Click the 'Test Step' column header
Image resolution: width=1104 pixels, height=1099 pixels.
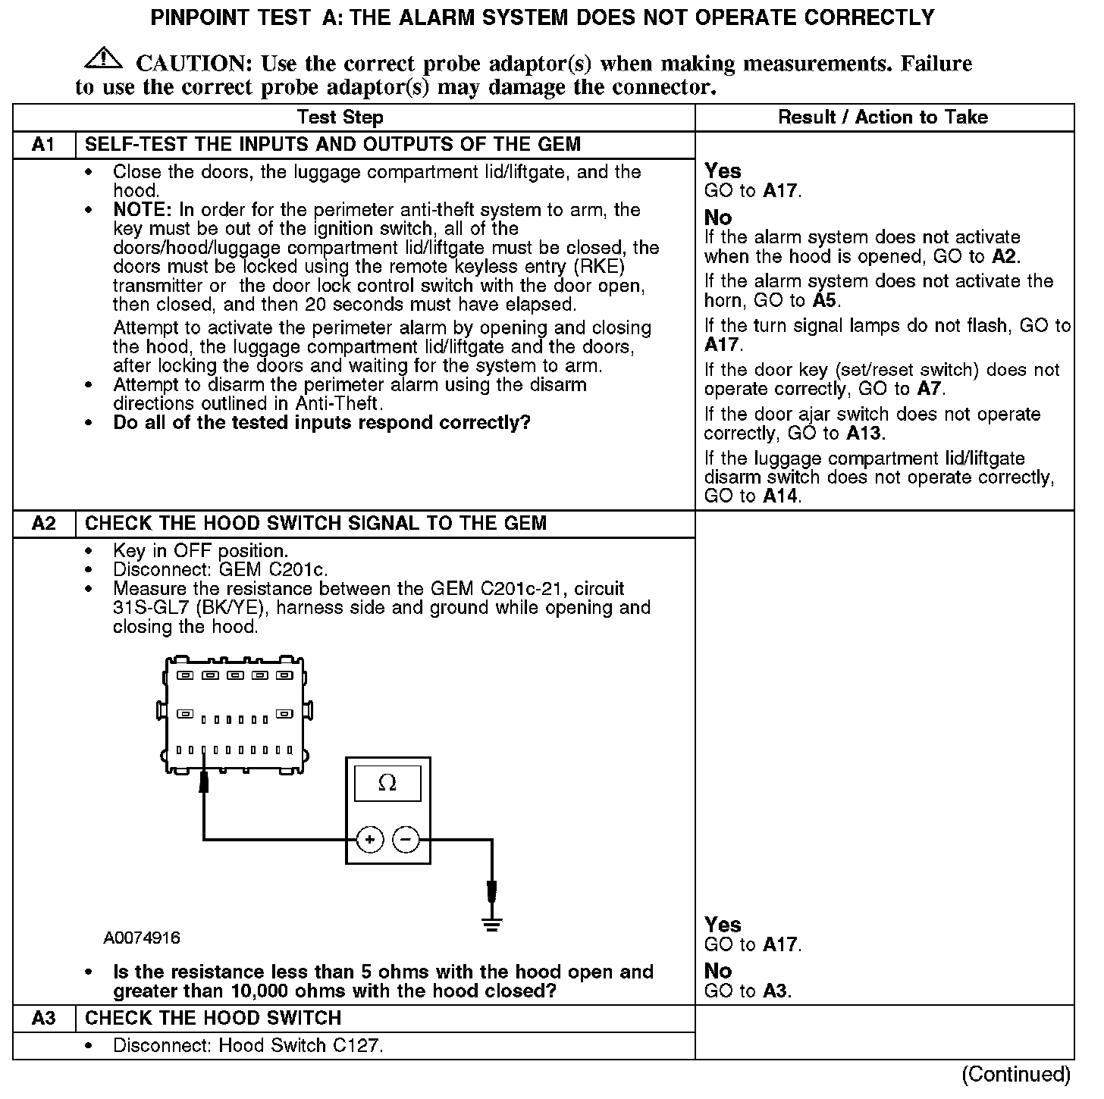340,117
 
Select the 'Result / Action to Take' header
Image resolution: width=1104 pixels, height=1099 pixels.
883,117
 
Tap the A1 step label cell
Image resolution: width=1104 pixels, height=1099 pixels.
44,144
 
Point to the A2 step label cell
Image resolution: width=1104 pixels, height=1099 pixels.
44,523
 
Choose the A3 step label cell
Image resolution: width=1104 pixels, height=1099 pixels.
44,1018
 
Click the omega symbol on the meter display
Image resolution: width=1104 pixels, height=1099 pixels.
387,783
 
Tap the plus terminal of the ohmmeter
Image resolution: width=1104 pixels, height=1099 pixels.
370,840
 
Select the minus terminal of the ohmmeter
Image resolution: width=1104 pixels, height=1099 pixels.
406,840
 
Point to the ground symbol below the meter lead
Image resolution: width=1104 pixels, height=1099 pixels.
492,923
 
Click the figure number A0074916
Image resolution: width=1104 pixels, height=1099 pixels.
142,938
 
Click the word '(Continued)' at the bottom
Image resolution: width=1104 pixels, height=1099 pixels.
1016,1074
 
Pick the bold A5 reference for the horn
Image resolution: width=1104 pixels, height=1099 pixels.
824,301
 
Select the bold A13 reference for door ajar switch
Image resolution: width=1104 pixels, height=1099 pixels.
865,434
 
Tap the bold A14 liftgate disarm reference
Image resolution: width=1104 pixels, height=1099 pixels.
781,496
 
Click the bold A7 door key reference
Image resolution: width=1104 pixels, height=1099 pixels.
930,390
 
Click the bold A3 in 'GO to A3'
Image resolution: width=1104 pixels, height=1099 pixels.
775,991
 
